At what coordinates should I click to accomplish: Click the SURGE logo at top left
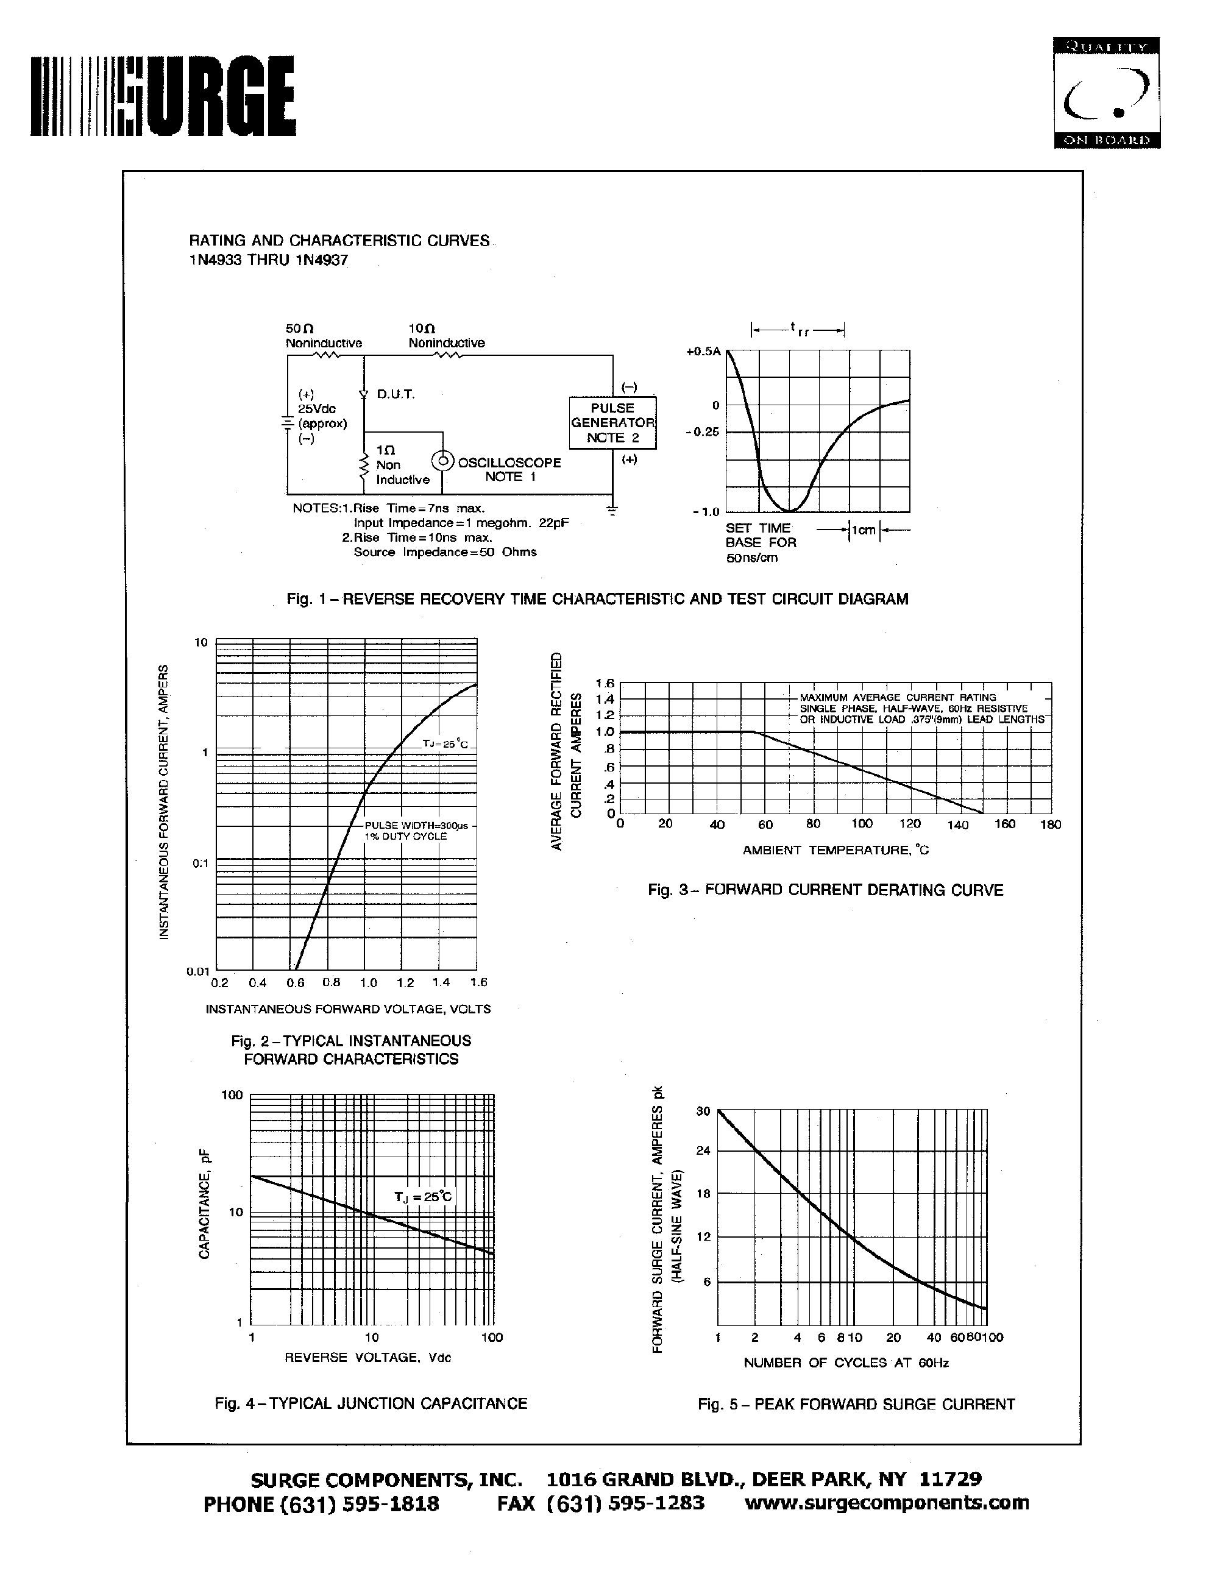[163, 96]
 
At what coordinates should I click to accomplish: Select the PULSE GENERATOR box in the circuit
[612, 423]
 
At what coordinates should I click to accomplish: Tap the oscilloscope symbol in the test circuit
[442, 461]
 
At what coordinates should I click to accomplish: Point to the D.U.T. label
[396, 394]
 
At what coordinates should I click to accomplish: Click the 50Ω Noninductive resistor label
[323, 336]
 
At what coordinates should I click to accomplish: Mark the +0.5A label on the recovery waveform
[703, 352]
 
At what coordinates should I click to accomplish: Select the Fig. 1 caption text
[597, 599]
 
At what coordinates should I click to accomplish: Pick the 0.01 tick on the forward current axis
[197, 971]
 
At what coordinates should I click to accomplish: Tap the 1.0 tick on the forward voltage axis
[368, 982]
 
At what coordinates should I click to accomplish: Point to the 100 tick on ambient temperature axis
[862, 824]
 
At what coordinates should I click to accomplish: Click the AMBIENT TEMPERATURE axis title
[836, 851]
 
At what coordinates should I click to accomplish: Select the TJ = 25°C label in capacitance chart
[424, 1196]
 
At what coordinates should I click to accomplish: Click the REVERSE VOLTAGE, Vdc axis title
[367, 1358]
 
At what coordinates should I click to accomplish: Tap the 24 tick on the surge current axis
[703, 1150]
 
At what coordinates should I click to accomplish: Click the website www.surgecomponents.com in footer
[886, 1502]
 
